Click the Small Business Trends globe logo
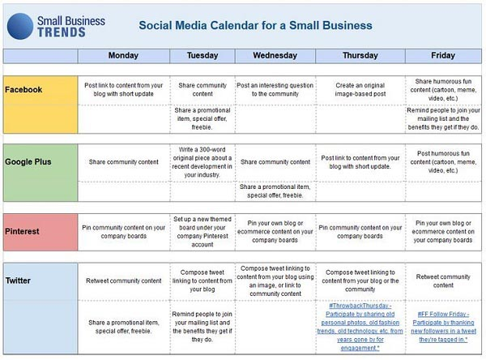(20, 25)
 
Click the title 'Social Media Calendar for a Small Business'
(255, 25)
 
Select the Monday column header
(123, 56)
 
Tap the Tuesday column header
(202, 56)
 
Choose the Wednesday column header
(275, 56)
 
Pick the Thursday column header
(360, 56)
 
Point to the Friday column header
(442, 56)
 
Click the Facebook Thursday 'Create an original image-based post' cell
(360, 88)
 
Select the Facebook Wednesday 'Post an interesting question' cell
(275, 88)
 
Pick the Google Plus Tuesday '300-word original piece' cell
(202, 161)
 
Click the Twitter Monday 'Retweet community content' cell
(123, 281)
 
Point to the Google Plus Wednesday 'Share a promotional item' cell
(275, 191)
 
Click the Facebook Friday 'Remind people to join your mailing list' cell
(442, 118)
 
